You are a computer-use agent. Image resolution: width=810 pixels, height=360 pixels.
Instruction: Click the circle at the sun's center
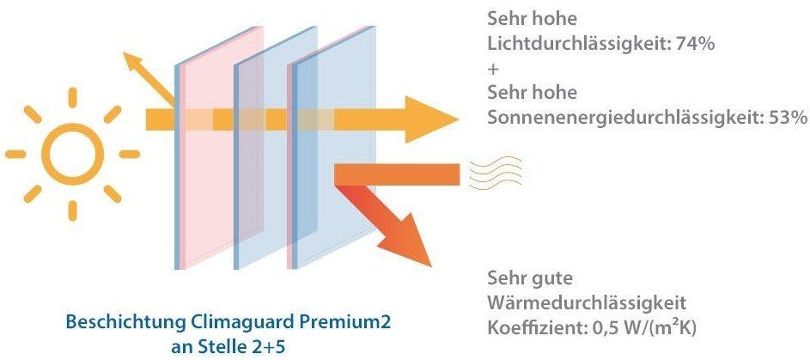pos(72,154)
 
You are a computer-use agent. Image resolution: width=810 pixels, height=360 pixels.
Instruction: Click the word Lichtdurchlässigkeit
pos(576,44)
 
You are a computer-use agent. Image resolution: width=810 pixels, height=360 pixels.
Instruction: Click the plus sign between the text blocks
pos(493,69)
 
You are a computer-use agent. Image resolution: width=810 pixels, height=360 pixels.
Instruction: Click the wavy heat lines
pos(496,173)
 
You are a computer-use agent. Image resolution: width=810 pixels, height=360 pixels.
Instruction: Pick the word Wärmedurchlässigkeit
pos(587,303)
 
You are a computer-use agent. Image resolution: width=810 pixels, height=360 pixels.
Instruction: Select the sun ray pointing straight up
pos(72,98)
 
